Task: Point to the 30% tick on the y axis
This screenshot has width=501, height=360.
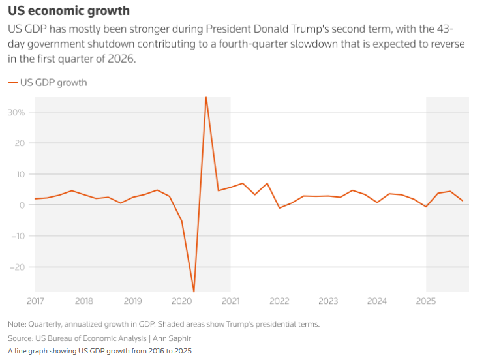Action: (16, 112)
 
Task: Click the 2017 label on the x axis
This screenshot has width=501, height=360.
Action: (35, 301)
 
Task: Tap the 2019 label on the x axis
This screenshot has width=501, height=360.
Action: (132, 301)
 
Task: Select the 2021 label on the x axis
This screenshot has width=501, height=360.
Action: (230, 301)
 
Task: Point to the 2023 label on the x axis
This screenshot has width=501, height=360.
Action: (328, 301)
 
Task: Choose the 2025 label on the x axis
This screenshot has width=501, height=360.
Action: (426, 301)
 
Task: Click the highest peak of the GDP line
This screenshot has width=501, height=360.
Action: (206, 97)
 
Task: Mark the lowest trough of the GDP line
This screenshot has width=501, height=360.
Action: (194, 291)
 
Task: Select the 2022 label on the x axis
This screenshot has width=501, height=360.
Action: (279, 301)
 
